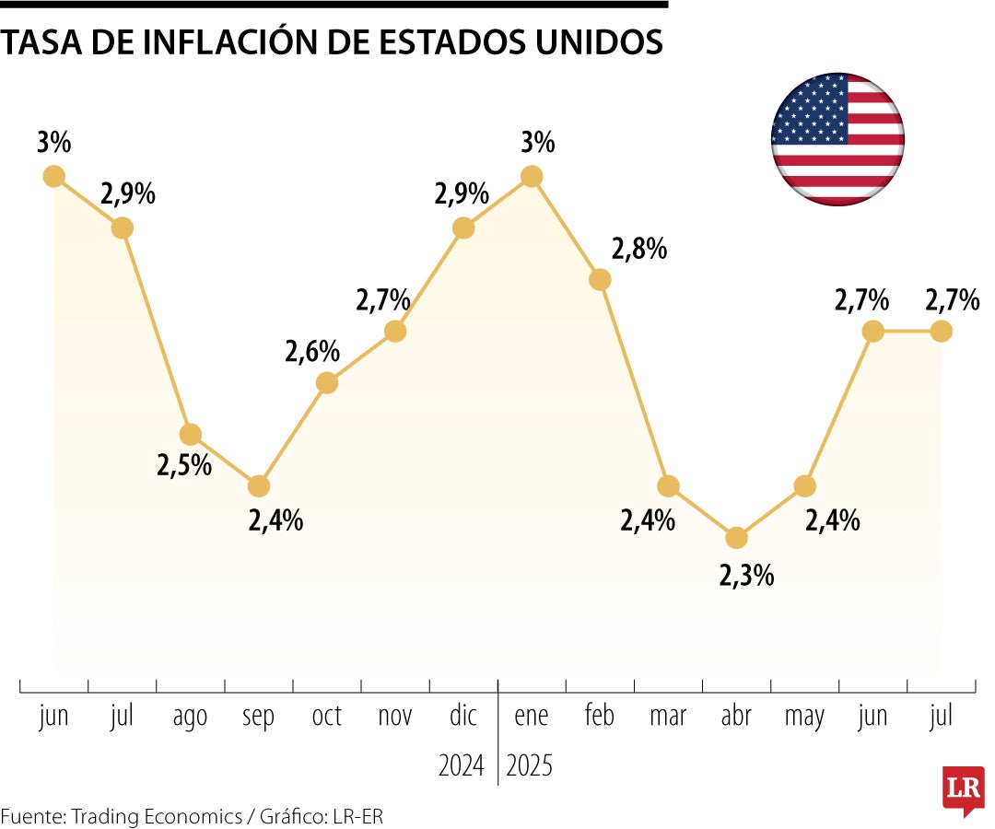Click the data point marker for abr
tap(736, 537)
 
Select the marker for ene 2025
tap(532, 176)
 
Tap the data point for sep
tap(259, 485)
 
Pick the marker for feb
tap(600, 279)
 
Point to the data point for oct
tap(327, 382)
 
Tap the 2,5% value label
tap(184, 465)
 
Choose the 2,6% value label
tap(312, 351)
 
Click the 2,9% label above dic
tap(462, 194)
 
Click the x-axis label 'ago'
tap(190, 717)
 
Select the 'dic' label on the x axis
tap(463, 716)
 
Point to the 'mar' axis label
tap(668, 716)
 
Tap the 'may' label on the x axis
tap(804, 718)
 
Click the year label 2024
tap(461, 765)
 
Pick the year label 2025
tap(530, 765)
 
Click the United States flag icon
tap(837, 139)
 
